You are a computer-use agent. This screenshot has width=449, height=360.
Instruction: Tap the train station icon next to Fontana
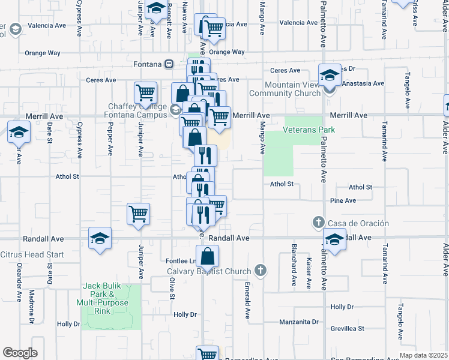170,64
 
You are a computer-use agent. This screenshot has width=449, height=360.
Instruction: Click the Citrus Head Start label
32,255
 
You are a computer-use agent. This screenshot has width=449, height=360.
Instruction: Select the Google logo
20,352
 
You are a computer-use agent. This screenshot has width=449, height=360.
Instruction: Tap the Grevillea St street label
348,329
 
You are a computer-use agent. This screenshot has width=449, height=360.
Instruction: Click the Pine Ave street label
343,200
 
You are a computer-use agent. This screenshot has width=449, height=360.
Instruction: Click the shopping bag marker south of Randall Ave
207,257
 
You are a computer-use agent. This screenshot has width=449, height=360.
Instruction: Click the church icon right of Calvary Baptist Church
260,270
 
